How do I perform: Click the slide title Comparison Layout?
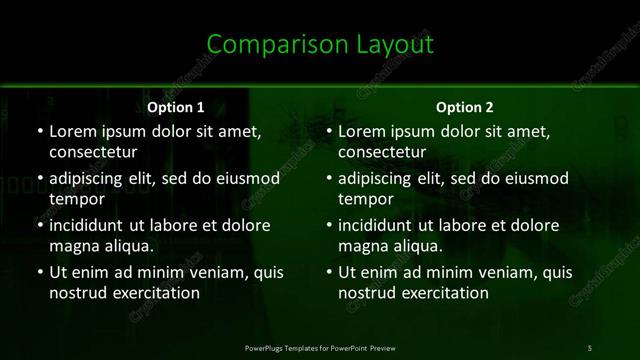tap(320, 44)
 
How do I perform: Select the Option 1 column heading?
tap(176, 106)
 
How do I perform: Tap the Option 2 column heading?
tap(465, 106)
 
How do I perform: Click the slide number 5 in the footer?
tap(589, 347)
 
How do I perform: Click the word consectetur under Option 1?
tap(94, 151)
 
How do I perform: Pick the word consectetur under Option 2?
tap(384, 151)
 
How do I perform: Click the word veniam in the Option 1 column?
tap(203, 273)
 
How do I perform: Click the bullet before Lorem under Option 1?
tap(38, 131)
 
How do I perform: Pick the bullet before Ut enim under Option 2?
tap(328, 273)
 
